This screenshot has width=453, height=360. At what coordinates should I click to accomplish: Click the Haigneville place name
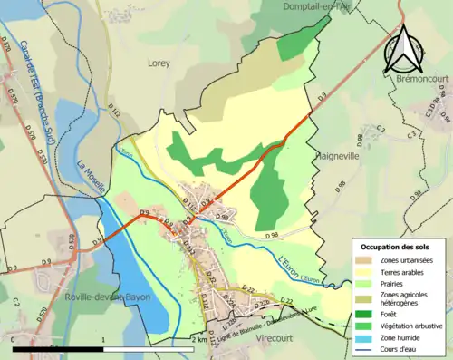[338, 155]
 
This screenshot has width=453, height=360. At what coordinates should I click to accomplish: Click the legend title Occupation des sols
[396, 247]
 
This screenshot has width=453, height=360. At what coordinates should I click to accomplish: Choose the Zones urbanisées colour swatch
[364, 259]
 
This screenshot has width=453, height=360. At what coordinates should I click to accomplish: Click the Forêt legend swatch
[364, 314]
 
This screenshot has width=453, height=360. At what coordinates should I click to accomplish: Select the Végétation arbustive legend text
[414, 326]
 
